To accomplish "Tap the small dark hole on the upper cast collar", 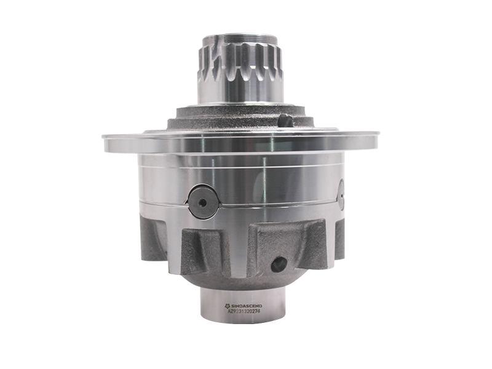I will click(284, 120).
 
